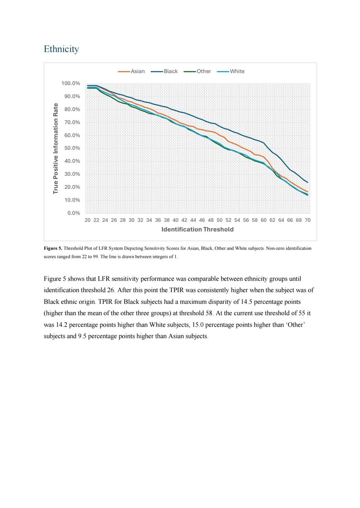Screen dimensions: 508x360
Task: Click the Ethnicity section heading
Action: (61, 49)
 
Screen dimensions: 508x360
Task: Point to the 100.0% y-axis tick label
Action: (71, 83)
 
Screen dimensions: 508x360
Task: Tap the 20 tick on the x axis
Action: (87, 221)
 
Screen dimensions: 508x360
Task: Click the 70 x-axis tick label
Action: (308, 221)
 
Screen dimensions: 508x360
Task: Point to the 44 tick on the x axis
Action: (193, 221)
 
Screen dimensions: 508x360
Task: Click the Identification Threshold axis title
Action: (197, 229)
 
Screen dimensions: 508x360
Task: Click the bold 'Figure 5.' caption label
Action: (53, 248)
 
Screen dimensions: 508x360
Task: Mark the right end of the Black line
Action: (308, 182)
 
